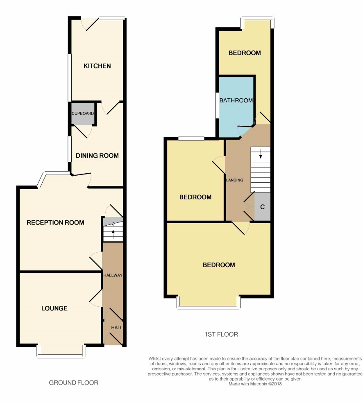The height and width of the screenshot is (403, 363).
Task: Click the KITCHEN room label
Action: tap(97, 66)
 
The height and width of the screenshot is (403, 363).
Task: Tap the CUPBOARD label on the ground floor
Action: tap(83, 113)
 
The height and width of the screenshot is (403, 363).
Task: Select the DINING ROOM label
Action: tap(97, 156)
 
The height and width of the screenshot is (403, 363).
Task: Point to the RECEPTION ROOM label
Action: tap(55, 222)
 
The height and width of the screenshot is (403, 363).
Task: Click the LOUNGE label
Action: tap(54, 308)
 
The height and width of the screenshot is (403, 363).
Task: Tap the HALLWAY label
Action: tap(113, 275)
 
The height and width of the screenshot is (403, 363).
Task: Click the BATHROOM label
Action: tap(236, 100)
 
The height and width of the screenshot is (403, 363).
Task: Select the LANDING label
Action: tap(235, 180)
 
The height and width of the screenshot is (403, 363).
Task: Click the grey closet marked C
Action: tap(263, 207)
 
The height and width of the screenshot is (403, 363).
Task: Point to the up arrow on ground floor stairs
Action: tap(113, 233)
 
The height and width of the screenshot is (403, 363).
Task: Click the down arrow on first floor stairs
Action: tap(261, 154)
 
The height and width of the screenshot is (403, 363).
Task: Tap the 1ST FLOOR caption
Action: tap(221, 334)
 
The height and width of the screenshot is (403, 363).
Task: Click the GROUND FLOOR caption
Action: tap(73, 383)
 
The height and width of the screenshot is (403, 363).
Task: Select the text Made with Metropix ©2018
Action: tap(255, 384)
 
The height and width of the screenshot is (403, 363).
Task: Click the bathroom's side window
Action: tap(217, 105)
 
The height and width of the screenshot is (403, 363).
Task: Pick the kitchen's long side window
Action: tap(69, 78)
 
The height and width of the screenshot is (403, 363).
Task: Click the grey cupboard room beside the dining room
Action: tap(83, 113)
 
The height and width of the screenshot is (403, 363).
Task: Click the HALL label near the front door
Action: tap(117, 328)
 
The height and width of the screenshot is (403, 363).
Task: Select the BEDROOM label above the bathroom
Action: tap(245, 53)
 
